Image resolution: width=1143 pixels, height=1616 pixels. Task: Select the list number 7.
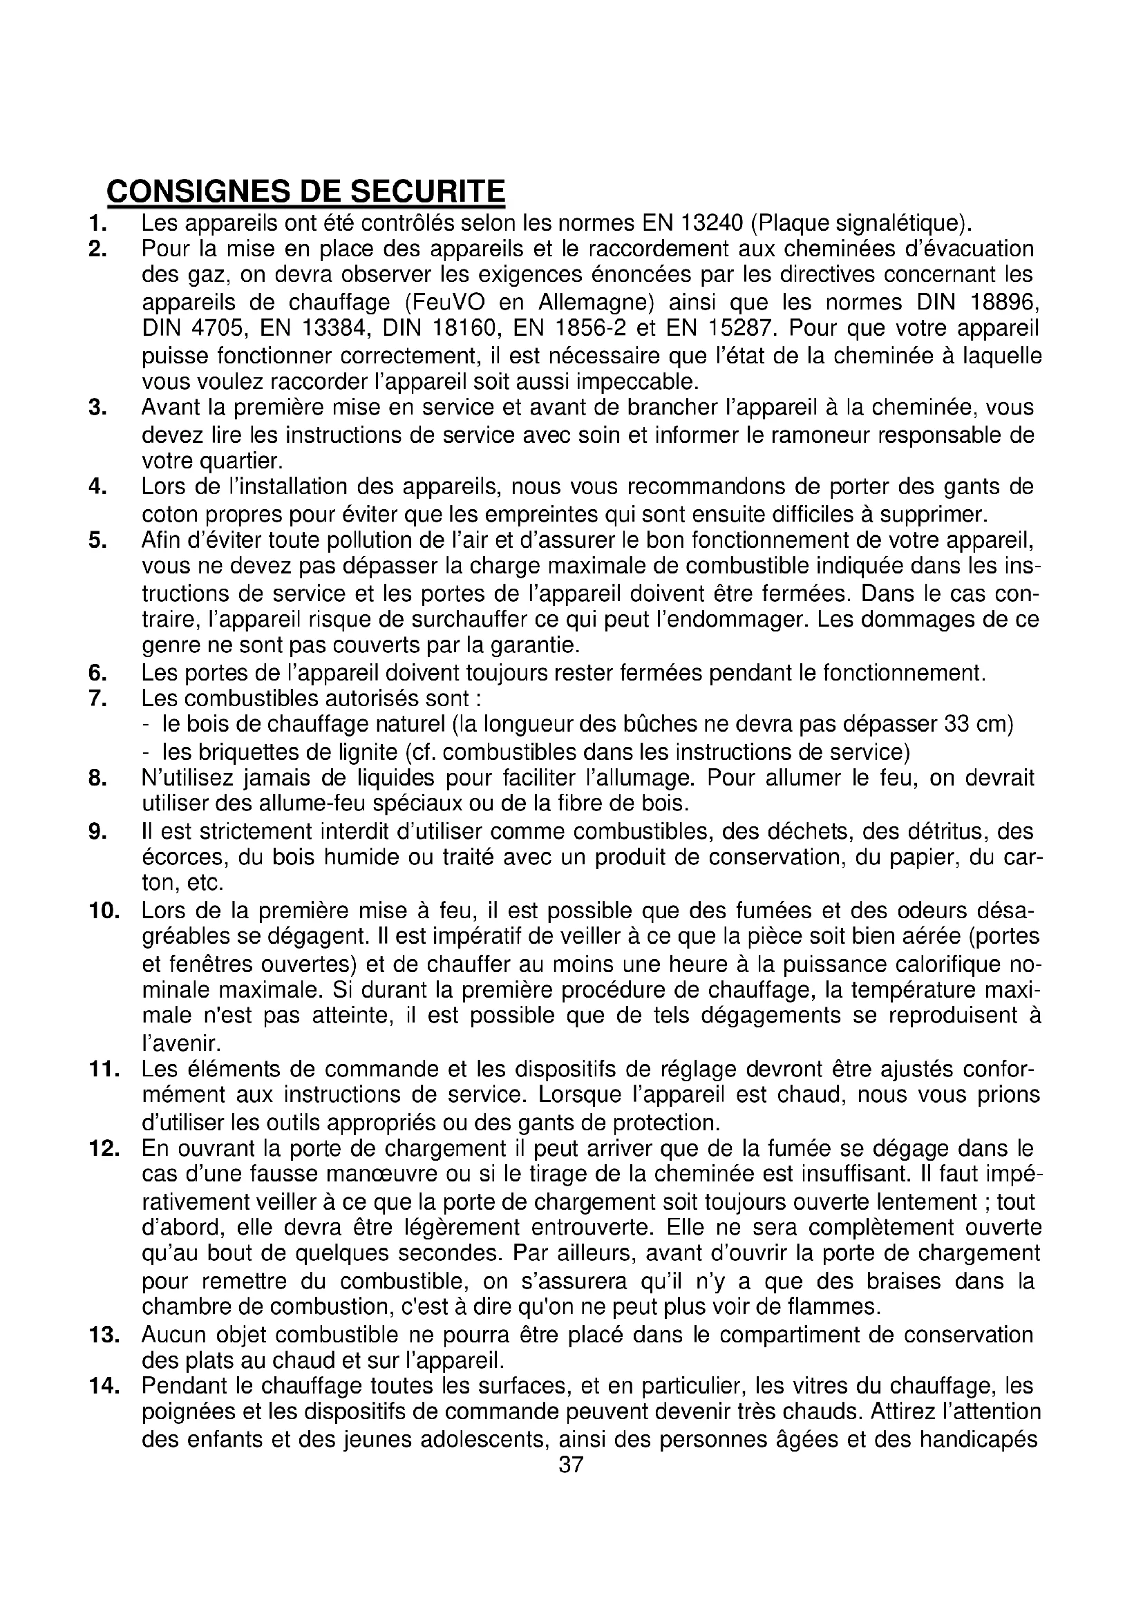pos(97,699)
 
